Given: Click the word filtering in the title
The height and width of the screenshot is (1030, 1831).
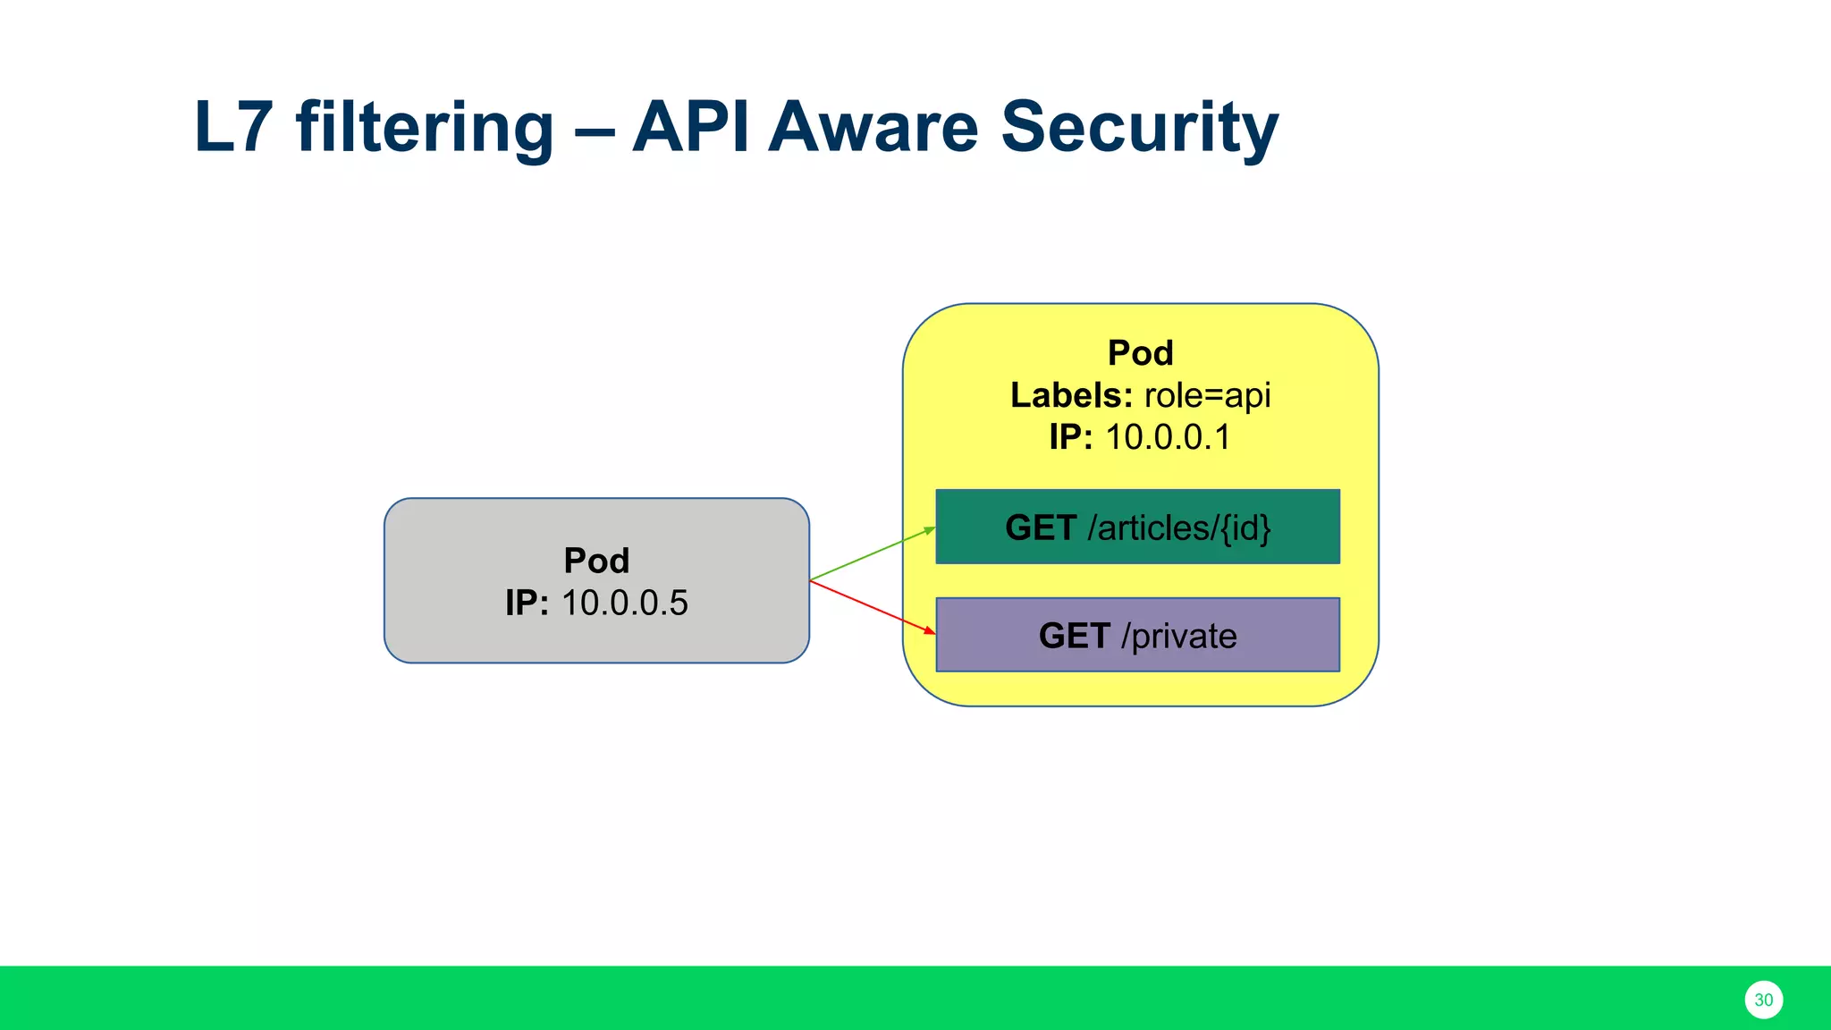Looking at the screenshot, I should click(x=425, y=128).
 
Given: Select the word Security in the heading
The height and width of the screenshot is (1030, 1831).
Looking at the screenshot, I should click(x=1139, y=128).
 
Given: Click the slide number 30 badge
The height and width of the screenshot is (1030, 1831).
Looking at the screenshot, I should click(x=1763, y=1000).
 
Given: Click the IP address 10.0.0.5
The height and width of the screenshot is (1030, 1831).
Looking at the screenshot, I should click(x=625, y=604).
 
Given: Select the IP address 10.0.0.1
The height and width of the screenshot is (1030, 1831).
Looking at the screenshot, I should click(x=1168, y=437).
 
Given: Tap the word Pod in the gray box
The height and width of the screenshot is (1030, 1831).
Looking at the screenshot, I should click(x=596, y=561).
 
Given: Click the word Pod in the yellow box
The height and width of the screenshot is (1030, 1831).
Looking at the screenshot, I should click(x=1140, y=353).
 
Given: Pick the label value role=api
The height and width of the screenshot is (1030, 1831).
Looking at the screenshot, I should click(x=1207, y=395).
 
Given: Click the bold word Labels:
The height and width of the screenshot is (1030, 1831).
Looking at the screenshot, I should click(x=1071, y=395).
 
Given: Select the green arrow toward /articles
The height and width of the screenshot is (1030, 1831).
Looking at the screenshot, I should click(x=873, y=554).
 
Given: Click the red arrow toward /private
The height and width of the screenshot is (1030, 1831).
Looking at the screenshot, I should click(x=873, y=607).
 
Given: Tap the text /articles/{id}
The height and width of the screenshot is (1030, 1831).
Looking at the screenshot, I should click(x=1178, y=528).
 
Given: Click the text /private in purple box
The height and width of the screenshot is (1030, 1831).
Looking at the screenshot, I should click(x=1178, y=636).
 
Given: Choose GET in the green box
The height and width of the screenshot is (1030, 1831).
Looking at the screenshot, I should click(x=1040, y=528).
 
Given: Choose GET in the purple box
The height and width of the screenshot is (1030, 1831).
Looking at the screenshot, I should click(x=1074, y=636).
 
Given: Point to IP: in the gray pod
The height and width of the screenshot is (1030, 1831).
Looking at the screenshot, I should click(x=527, y=604).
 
